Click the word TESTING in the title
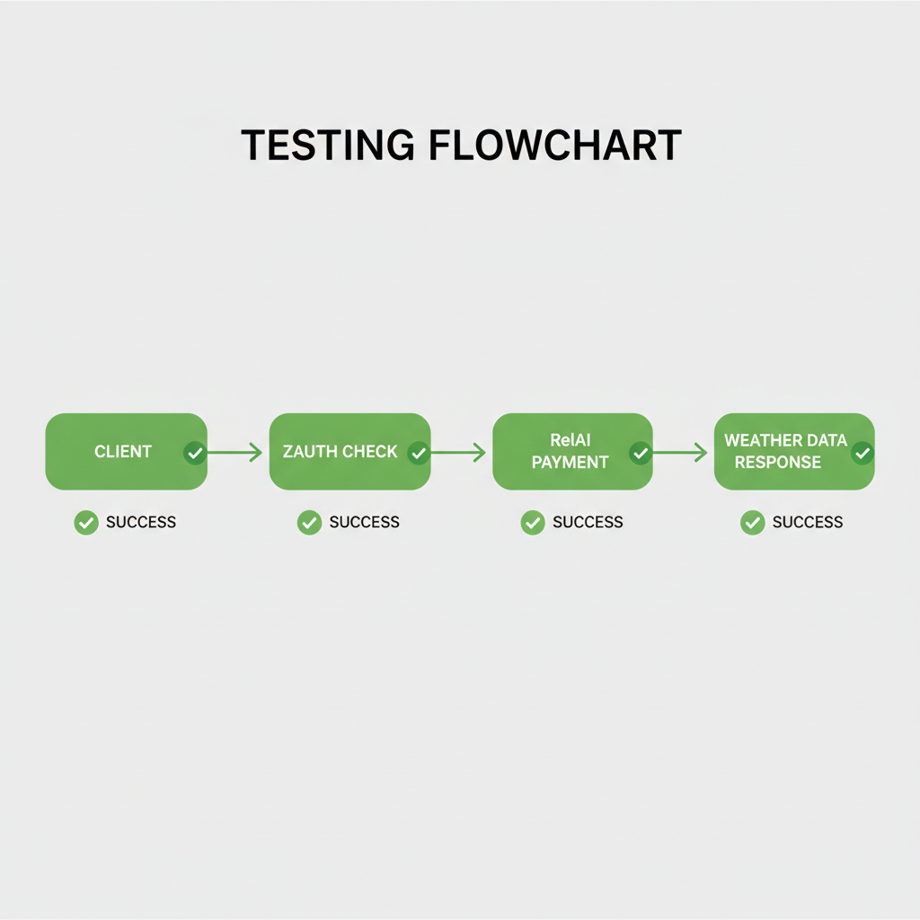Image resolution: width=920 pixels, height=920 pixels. pos(327,146)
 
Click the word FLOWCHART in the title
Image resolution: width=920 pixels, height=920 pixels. pos(554,146)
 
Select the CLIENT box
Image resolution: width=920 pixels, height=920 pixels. pos(123,451)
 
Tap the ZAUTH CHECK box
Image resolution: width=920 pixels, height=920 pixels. pos(340,451)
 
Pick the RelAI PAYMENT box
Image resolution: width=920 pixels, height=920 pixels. pos(570,451)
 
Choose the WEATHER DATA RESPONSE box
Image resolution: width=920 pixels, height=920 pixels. pos(785,451)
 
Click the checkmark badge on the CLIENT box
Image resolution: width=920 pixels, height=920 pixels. pos(195,453)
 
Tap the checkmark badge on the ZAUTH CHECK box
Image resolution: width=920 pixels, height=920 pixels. pos(418,453)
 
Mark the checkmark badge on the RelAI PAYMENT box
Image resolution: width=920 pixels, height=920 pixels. pos(641,453)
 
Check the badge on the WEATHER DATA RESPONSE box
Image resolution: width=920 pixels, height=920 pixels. pos(862,453)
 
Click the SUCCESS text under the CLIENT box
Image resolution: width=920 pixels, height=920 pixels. pos(141,522)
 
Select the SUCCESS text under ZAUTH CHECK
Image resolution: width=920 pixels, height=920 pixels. pos(364,522)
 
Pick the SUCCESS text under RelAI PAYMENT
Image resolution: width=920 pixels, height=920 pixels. pos(588,522)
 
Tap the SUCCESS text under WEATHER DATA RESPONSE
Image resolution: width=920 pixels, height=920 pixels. pos(808,522)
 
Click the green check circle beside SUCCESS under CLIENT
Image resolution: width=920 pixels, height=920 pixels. pos(86,522)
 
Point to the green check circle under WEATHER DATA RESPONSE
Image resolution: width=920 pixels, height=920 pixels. pos(753,522)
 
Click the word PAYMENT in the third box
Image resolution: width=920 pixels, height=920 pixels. pos(570,463)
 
